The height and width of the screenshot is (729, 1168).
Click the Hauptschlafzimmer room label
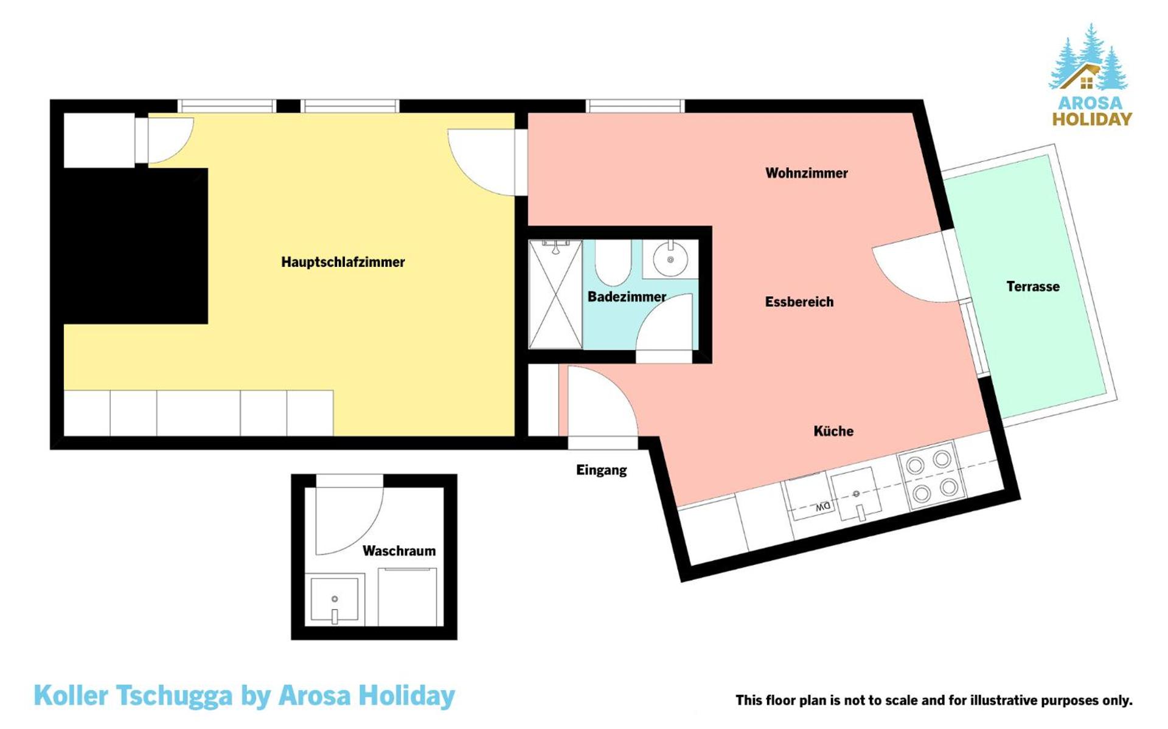pyautogui.click(x=342, y=262)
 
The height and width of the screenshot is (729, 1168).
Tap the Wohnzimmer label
pyautogui.click(x=806, y=173)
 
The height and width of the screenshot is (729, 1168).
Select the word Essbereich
pyautogui.click(x=799, y=302)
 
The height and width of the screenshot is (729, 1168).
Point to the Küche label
pyautogui.click(x=833, y=431)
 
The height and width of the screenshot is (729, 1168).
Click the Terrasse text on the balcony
pyautogui.click(x=1032, y=286)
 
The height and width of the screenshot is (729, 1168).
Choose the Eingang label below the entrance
pyautogui.click(x=601, y=470)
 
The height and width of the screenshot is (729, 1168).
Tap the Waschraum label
pyautogui.click(x=398, y=551)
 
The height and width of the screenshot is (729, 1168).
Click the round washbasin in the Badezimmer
pyautogui.click(x=670, y=260)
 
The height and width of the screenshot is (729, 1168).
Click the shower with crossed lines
pyautogui.click(x=555, y=295)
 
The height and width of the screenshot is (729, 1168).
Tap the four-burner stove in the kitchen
pyautogui.click(x=931, y=475)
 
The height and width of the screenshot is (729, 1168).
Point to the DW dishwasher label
pyautogui.click(x=822, y=506)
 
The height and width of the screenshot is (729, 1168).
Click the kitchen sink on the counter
pyautogui.click(x=857, y=494)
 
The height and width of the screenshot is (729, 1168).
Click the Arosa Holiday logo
pyautogui.click(x=1091, y=76)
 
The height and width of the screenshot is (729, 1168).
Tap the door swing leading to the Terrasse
pyautogui.click(x=912, y=268)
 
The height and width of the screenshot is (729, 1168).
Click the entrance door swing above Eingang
pyautogui.click(x=599, y=401)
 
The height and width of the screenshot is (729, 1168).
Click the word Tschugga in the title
pyautogui.click(x=174, y=696)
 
